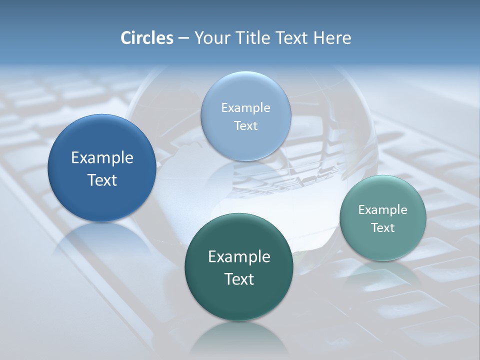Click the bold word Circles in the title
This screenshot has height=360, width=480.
[x=147, y=38]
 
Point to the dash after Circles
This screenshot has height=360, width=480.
[x=183, y=38]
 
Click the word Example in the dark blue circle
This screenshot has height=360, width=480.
[x=102, y=158]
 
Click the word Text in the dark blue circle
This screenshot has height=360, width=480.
[x=102, y=180]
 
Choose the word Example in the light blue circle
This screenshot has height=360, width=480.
[x=245, y=107]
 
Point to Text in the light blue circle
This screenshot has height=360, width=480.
[x=245, y=125]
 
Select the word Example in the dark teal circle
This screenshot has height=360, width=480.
[x=239, y=256]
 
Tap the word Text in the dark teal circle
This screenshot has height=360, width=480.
[x=239, y=279]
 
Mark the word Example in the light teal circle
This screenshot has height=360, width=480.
[x=383, y=209]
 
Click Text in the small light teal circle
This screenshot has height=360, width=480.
[x=383, y=227]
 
